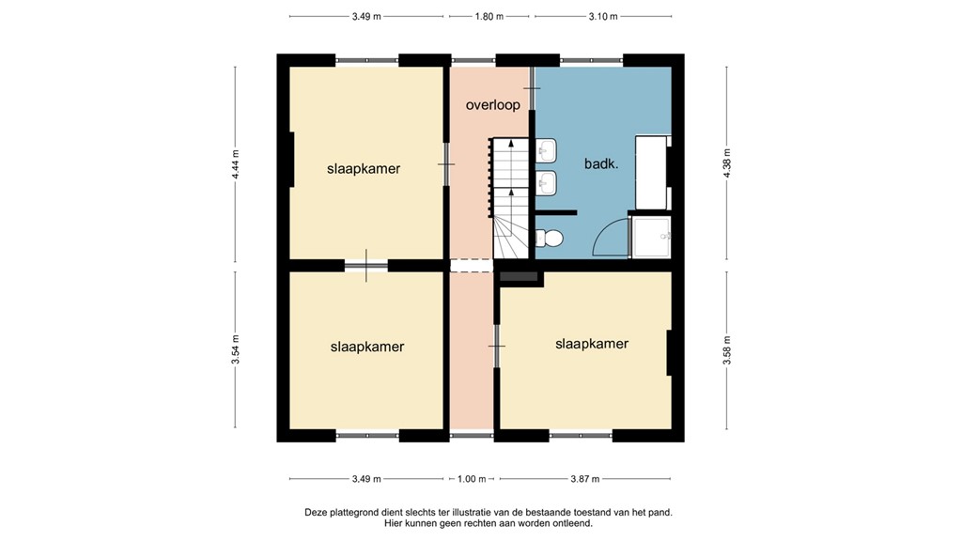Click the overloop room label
[492, 105]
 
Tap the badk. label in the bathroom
[600, 163]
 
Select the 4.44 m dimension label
[236, 164]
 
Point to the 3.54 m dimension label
[236, 349]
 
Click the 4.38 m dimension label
[727, 163]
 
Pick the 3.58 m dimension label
[727, 349]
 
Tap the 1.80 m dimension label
[489, 17]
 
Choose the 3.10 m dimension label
[603, 17]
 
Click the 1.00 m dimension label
[472, 479]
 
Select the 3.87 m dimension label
[584, 479]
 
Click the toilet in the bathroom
[549, 238]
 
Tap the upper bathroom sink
[546, 150]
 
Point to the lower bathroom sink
[546, 183]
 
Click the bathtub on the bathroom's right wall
[652, 173]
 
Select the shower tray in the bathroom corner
[651, 238]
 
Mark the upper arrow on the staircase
[511, 155]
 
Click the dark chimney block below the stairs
[519, 277]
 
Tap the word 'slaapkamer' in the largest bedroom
[364, 169]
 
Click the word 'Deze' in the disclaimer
[316, 512]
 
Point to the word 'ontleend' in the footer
[573, 524]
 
